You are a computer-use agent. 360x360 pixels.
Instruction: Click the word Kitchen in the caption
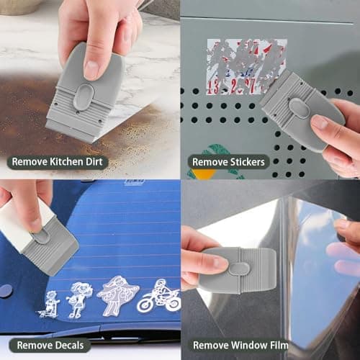coord(68,162)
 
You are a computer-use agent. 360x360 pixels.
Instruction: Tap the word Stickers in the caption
coord(248,162)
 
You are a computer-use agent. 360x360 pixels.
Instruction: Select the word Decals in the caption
coord(68,345)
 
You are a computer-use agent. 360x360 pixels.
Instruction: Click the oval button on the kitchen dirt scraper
coord(83,97)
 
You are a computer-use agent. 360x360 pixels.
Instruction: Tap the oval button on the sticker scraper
coord(298,108)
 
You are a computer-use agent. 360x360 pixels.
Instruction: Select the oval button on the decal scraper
coord(42,237)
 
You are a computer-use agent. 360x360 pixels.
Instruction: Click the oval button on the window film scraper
coord(240,269)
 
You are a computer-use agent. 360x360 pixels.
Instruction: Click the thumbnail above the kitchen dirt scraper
coord(90,68)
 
